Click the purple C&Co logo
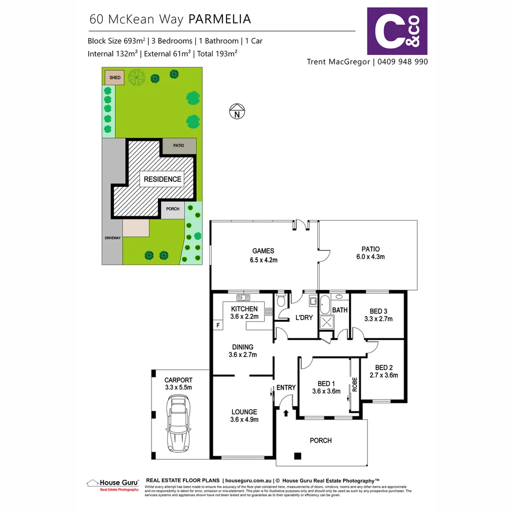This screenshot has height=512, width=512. pyautogui.click(x=397, y=31)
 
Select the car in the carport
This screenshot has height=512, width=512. pyautogui.click(x=179, y=425)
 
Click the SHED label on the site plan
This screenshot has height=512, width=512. pyautogui.click(x=115, y=78)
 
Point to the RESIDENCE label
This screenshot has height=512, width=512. pyautogui.click(x=163, y=179)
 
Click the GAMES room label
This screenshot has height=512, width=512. pyautogui.click(x=263, y=251)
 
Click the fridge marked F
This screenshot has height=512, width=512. pyautogui.click(x=218, y=325)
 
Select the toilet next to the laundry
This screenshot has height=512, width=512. pyautogui.click(x=281, y=301)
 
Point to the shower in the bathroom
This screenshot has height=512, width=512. pyautogui.click(x=327, y=322)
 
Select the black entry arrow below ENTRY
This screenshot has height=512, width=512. pyautogui.click(x=286, y=413)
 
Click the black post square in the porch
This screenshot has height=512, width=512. pyautogui.click(x=297, y=456)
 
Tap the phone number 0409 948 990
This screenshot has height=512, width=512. pyautogui.click(x=402, y=62)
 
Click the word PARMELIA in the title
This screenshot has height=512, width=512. pyautogui.click(x=219, y=19)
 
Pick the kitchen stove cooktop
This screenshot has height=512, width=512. pyautogui.click(x=269, y=311)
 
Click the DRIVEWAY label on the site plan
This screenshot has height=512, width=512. pyautogui.click(x=113, y=238)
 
